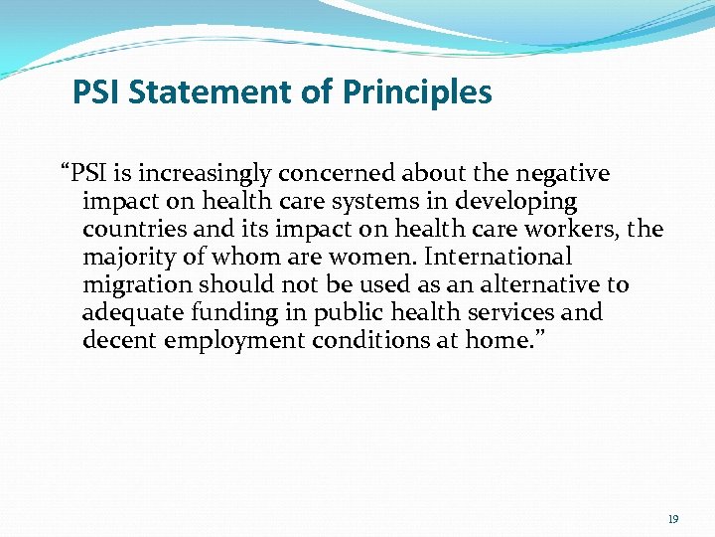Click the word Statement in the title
coord(216,92)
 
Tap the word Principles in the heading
coord(417,92)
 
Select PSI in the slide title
coord(97,92)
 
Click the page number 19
coord(673,519)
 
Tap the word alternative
coord(539,285)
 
